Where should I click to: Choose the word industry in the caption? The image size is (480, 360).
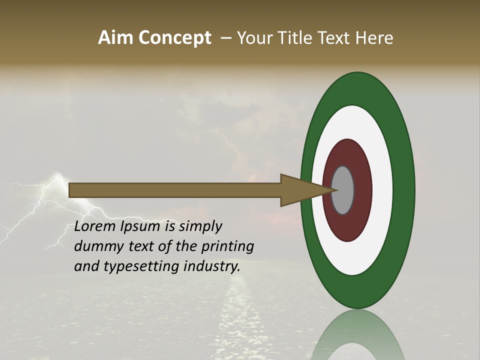click(x=212, y=266)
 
